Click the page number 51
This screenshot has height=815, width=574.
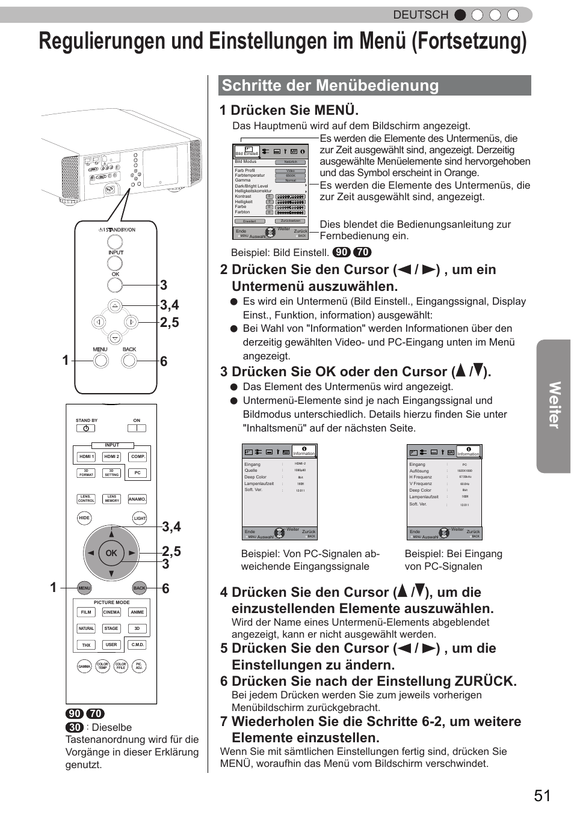pyautogui.click(x=541, y=795)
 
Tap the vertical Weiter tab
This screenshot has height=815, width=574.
pyautogui.click(x=554, y=406)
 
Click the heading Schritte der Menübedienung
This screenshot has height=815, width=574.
pyautogui.click(x=330, y=85)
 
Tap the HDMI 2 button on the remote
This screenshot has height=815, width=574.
pyautogui.click(x=112, y=457)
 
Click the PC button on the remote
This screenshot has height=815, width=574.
pyautogui.click(x=137, y=473)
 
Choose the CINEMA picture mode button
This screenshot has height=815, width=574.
pyautogui.click(x=111, y=612)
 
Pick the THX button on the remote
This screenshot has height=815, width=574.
pyautogui.click(x=86, y=645)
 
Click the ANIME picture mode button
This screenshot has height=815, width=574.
pyautogui.click(x=137, y=612)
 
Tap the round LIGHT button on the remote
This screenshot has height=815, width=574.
pyautogui.click(x=140, y=518)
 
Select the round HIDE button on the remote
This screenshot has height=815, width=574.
pyautogui.click(x=84, y=517)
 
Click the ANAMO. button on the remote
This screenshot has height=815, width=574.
pyautogui.click(x=137, y=499)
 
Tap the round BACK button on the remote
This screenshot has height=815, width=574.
pyautogui.click(x=140, y=588)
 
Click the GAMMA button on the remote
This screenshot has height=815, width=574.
pyautogui.click(x=84, y=667)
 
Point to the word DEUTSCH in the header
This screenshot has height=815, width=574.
pyautogui.click(x=421, y=15)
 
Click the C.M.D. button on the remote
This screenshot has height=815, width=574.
pyautogui.click(x=138, y=645)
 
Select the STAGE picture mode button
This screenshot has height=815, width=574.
pyautogui.click(x=111, y=629)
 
